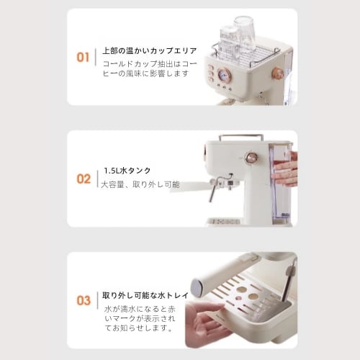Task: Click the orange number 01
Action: (x=83, y=58)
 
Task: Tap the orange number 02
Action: (x=84, y=179)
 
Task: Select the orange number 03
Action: (x=84, y=300)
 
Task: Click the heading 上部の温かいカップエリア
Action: (x=150, y=50)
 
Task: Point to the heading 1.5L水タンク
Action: (x=127, y=171)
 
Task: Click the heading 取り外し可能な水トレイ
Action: (x=145, y=295)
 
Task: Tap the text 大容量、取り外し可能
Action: (x=140, y=184)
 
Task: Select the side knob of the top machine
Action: (x=277, y=73)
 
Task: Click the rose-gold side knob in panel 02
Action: (x=251, y=158)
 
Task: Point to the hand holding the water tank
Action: (x=287, y=169)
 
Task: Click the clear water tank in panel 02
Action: (x=280, y=182)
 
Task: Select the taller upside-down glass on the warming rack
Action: (x=245, y=34)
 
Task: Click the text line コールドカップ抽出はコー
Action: (x=150, y=63)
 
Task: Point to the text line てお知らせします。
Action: (x=139, y=328)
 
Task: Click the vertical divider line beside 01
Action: (x=96, y=57)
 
